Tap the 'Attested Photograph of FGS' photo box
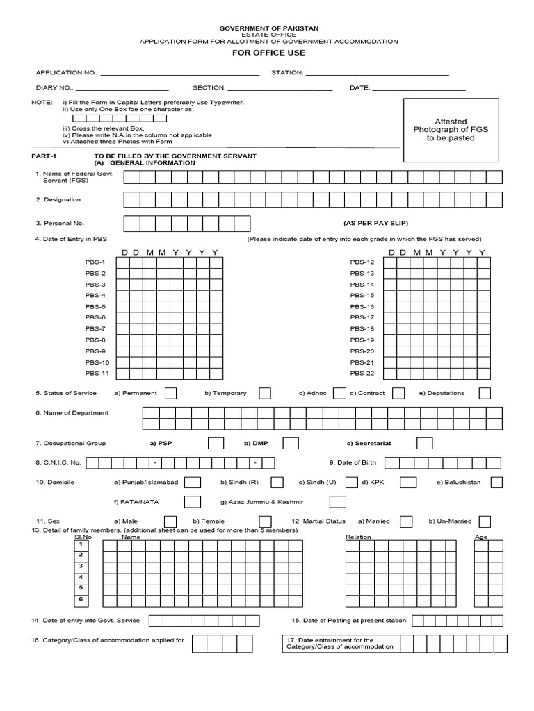pyautogui.click(x=451, y=130)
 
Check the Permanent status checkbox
pyautogui.click(x=170, y=394)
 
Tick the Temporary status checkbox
pyautogui.click(x=265, y=394)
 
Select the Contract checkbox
pyautogui.click(x=398, y=394)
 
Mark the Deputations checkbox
pyautogui.click(x=485, y=394)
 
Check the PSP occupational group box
pyautogui.click(x=216, y=443)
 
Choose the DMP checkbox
pyautogui.click(x=291, y=443)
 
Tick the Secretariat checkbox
pyautogui.click(x=424, y=443)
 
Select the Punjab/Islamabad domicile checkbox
pyautogui.click(x=193, y=482)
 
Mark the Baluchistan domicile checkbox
pyautogui.click(x=496, y=482)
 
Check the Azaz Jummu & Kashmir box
pyautogui.click(x=337, y=501)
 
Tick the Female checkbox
pyautogui.click(x=265, y=521)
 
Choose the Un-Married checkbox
pyautogui.click(x=485, y=521)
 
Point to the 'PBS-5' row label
pyautogui.click(x=95, y=307)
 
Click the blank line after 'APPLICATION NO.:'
pyautogui.click(x=180, y=73)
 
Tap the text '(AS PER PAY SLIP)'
pyautogui.click(x=375, y=224)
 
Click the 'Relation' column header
pyautogui.click(x=358, y=537)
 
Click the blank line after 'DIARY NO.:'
pyautogui.click(x=122, y=89)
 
